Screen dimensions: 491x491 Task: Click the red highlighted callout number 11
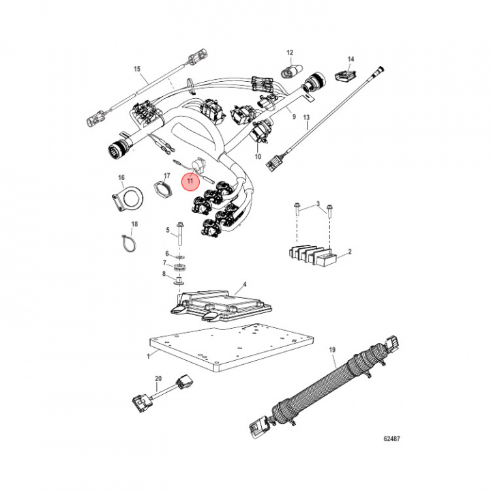190,181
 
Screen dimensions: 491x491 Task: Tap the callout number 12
289,53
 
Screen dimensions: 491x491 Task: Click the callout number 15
136,70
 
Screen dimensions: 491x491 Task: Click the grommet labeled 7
179,265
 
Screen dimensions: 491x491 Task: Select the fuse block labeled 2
312,255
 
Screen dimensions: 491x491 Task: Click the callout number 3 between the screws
316,205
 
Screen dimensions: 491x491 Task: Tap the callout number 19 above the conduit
333,351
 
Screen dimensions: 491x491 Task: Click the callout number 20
158,378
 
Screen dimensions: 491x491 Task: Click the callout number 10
258,157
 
